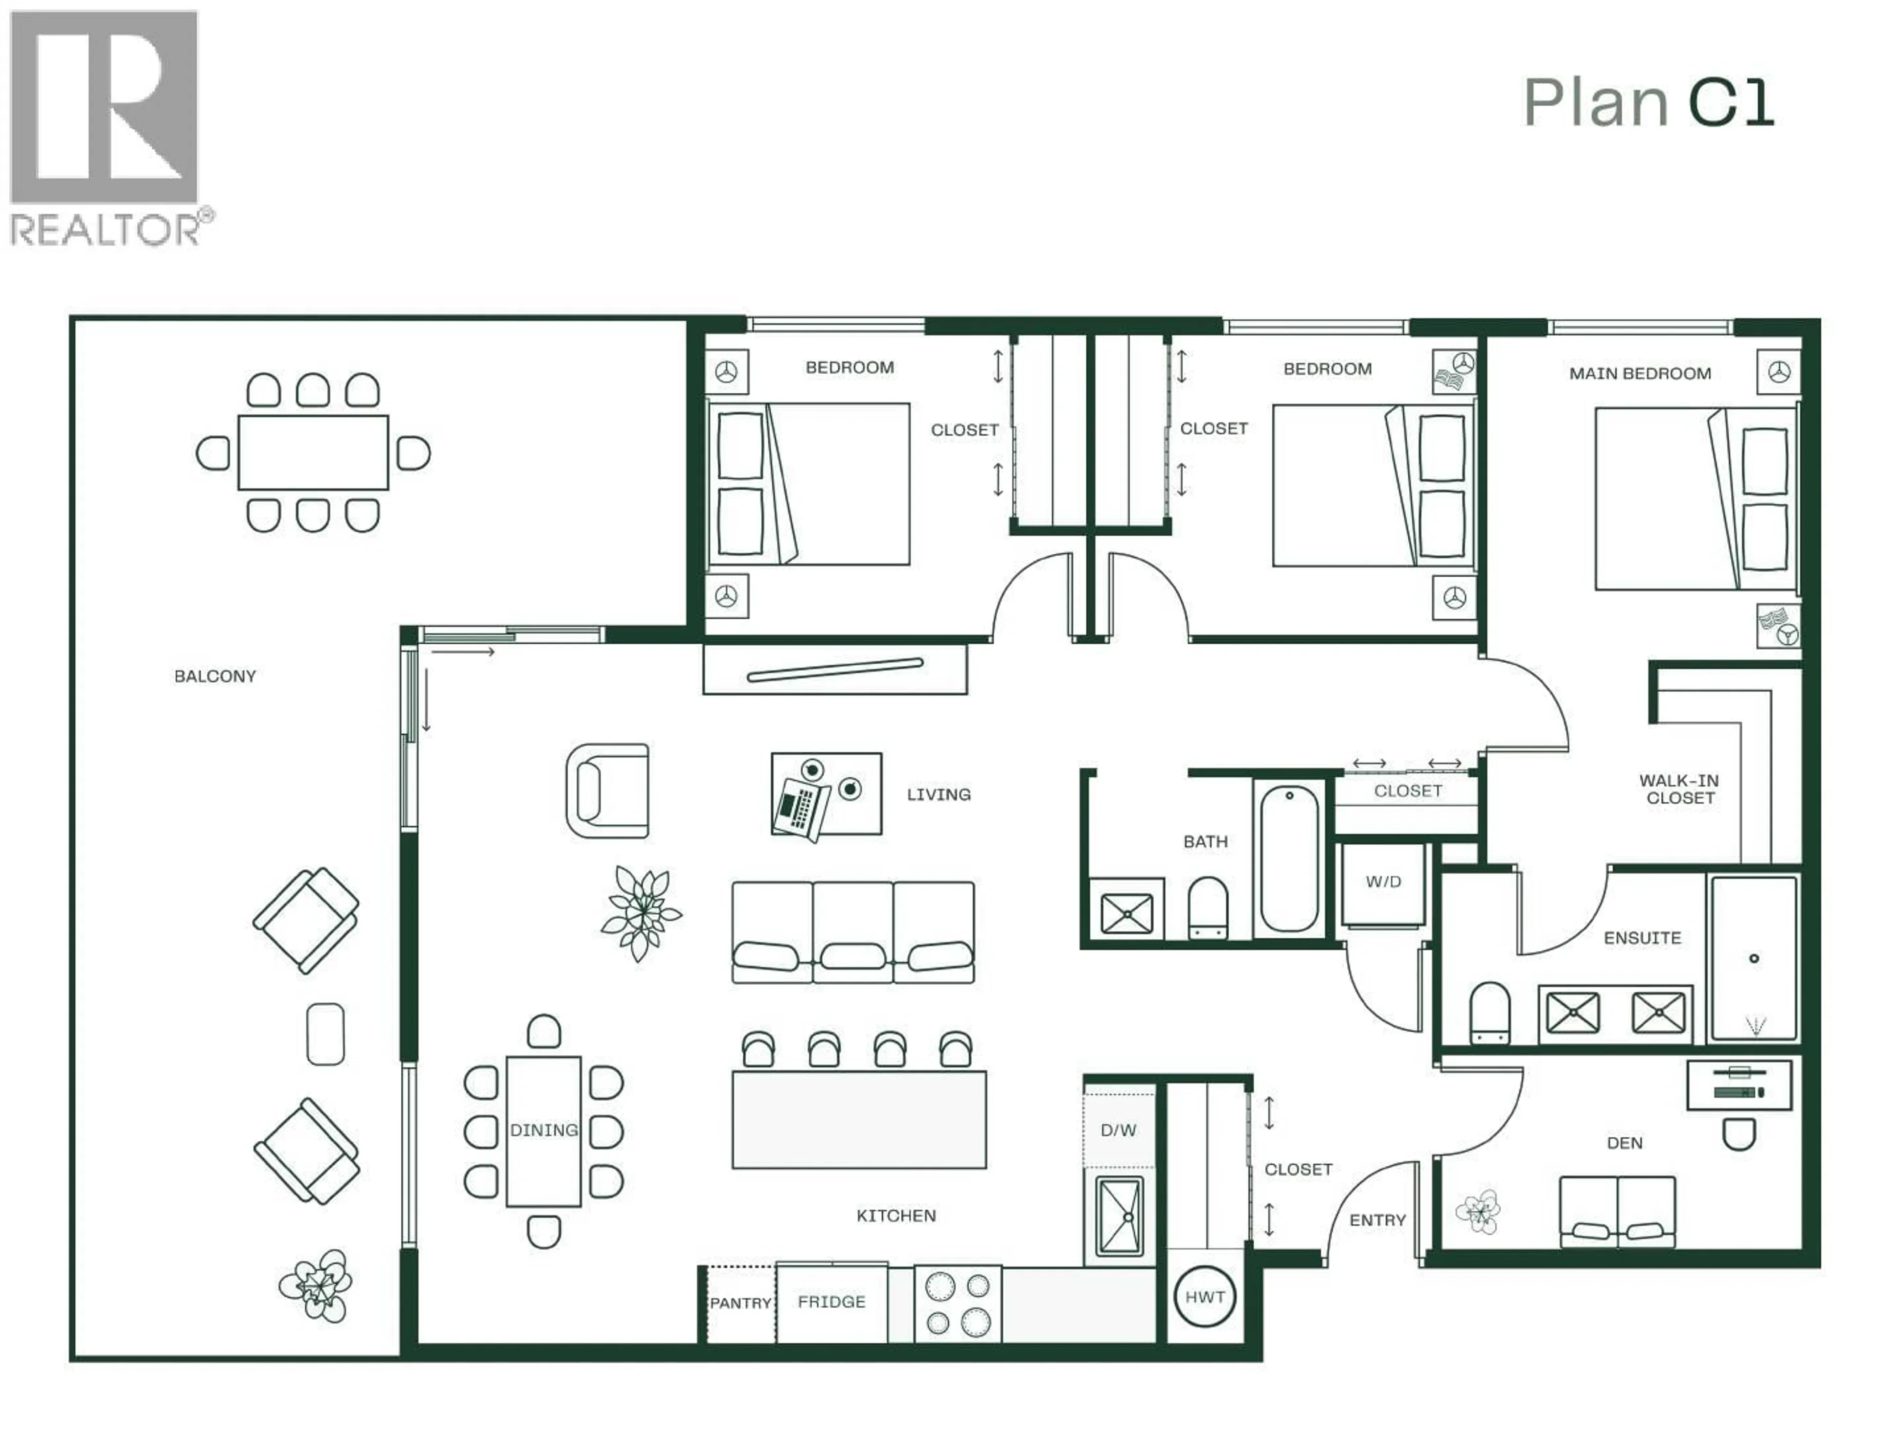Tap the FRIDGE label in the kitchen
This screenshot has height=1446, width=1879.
click(x=831, y=1302)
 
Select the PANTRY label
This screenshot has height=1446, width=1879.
click(x=740, y=1303)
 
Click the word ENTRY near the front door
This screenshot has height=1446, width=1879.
click(x=1376, y=1220)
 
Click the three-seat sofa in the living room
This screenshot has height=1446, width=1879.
click(x=852, y=931)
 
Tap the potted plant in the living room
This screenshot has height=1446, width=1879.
click(x=641, y=912)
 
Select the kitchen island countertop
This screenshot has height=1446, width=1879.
click(x=859, y=1119)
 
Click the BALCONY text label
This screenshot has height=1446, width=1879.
click(x=215, y=676)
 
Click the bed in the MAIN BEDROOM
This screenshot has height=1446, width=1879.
click(x=1695, y=499)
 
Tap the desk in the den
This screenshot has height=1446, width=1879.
click(x=1739, y=1084)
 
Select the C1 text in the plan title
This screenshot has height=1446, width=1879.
click(x=1731, y=103)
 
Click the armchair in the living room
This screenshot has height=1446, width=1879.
click(x=608, y=791)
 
